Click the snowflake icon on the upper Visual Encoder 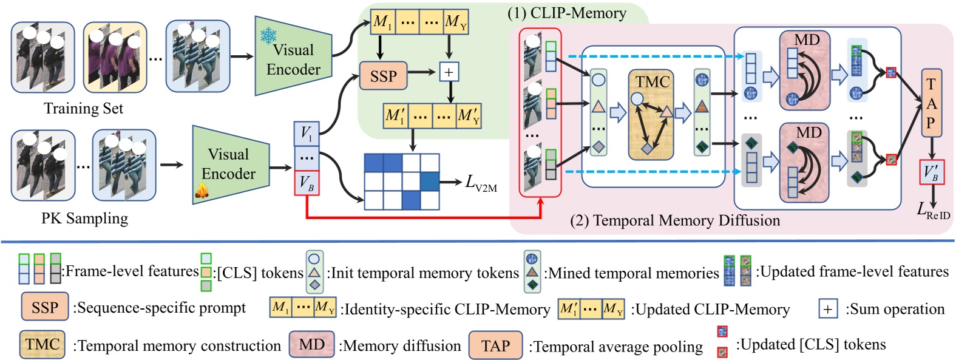pyautogui.click(x=268, y=36)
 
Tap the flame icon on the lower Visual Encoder pyautogui.click(x=202, y=191)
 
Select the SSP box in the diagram pyautogui.click(x=382, y=76)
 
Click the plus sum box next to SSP pyautogui.click(x=449, y=72)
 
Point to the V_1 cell pyautogui.click(x=307, y=134)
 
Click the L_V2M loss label pyautogui.click(x=481, y=183)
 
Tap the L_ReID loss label pyautogui.click(x=933, y=211)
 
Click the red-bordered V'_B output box pyautogui.click(x=932, y=172)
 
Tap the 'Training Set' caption pyautogui.click(x=83, y=109)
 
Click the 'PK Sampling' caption pyautogui.click(x=84, y=219)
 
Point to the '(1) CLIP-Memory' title pyautogui.click(x=566, y=13)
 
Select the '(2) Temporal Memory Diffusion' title pyautogui.click(x=674, y=220)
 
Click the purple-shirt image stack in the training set pyautogui.click(x=115, y=57)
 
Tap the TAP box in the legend pyautogui.click(x=495, y=345)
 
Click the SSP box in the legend pyautogui.click(x=44, y=308)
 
